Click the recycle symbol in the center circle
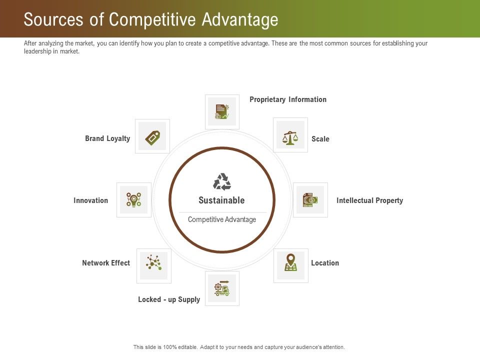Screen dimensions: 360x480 (222, 181)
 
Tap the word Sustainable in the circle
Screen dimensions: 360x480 (221, 200)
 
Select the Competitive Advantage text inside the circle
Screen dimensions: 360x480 (222, 219)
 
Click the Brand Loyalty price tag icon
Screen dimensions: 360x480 (152, 136)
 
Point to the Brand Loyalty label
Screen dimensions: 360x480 (107, 138)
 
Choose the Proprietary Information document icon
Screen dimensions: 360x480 (222, 111)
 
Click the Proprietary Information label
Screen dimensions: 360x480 (288, 99)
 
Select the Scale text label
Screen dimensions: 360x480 (320, 139)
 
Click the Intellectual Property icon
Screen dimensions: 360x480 (310, 200)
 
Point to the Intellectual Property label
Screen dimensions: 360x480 (369, 200)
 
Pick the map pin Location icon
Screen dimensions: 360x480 (290, 262)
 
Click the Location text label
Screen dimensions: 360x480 (325, 263)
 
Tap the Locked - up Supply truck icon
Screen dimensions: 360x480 (222, 288)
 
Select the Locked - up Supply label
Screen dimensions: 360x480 (169, 299)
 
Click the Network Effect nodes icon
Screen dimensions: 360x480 (153, 263)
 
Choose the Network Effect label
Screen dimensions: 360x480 (106, 263)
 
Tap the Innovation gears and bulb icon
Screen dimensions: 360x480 (133, 200)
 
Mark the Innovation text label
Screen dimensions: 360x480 (91, 200)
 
